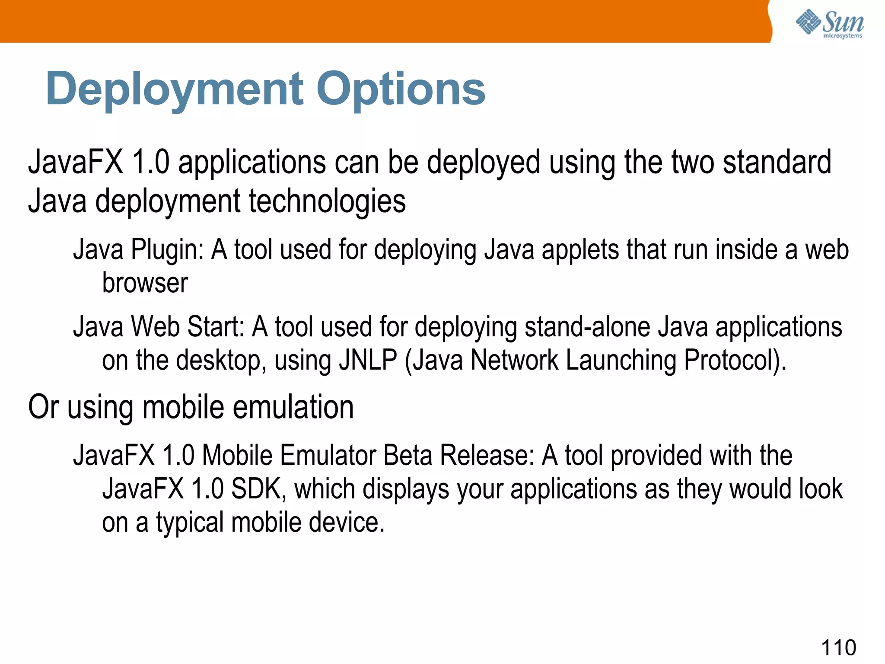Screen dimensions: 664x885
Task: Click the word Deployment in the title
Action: pyautogui.click(x=175, y=89)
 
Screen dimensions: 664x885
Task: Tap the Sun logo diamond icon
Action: pyautogui.click(x=808, y=22)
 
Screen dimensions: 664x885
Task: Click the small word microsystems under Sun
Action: pyautogui.click(x=842, y=36)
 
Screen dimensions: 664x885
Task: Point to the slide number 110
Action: pyautogui.click(x=838, y=648)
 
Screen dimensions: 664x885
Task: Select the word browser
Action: pyautogui.click(x=145, y=283)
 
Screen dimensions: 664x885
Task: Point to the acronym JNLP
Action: pyautogui.click(x=368, y=360)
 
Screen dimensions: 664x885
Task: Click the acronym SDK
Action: pyautogui.click(x=258, y=489)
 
